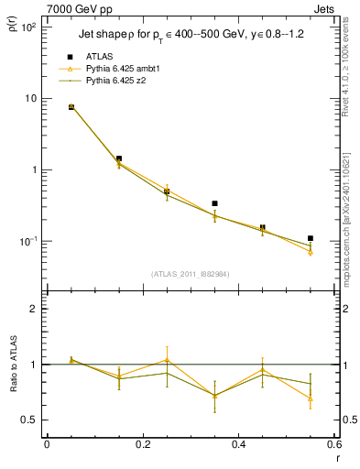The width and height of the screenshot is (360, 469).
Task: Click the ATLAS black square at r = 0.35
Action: click(x=214, y=203)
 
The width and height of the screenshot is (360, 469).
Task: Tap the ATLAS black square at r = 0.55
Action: click(x=311, y=238)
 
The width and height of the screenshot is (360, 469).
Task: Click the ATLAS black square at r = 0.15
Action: click(x=119, y=158)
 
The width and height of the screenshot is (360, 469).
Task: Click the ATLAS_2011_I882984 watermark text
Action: click(x=190, y=273)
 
